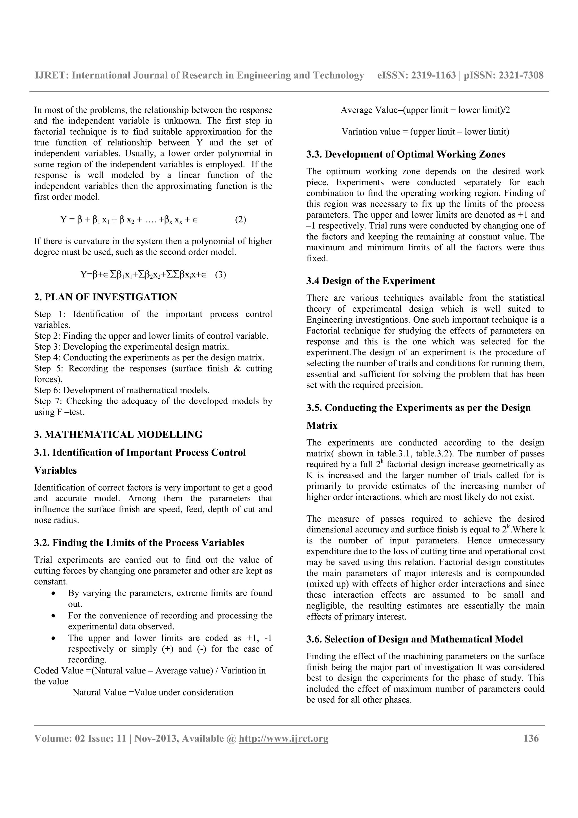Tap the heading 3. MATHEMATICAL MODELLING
(118, 434)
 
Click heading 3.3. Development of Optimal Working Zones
(406, 154)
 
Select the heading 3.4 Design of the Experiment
(370, 281)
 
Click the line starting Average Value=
(425, 110)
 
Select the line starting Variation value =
(425, 132)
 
